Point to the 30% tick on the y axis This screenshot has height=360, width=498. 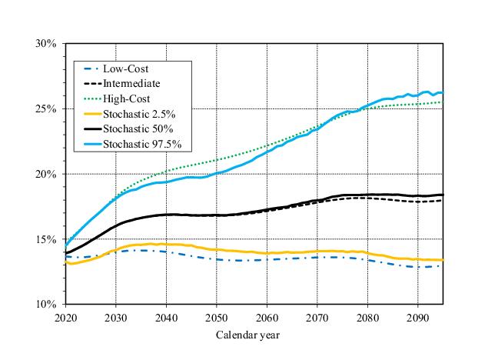45,44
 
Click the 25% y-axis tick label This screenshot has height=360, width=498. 45,109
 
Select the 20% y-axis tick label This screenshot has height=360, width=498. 45,175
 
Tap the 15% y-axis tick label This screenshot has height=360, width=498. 45,239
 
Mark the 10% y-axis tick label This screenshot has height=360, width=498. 45,305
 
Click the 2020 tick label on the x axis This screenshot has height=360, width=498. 65,317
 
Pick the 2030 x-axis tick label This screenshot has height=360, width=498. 115,317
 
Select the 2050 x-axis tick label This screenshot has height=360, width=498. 216,317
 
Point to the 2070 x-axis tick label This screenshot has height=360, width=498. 317,317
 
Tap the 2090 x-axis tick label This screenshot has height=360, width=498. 417,317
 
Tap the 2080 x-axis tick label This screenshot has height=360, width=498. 367,317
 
